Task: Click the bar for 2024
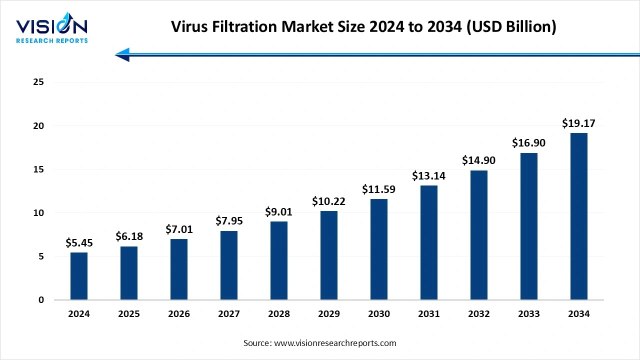click(x=79, y=276)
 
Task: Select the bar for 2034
click(x=579, y=216)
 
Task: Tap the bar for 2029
click(x=329, y=255)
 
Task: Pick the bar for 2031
click(x=429, y=242)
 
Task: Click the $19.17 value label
click(x=579, y=123)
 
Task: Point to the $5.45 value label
click(x=79, y=243)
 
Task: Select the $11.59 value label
click(x=379, y=189)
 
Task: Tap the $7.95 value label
click(x=229, y=220)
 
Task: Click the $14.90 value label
click(x=479, y=160)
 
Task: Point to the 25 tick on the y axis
click(x=38, y=82)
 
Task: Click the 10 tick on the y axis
click(x=38, y=213)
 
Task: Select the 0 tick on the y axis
click(x=41, y=300)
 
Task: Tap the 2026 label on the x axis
click(x=179, y=314)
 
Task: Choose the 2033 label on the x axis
click(x=529, y=314)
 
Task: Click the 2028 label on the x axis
click(x=279, y=314)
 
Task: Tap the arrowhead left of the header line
click(x=122, y=54)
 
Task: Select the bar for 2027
click(x=229, y=265)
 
